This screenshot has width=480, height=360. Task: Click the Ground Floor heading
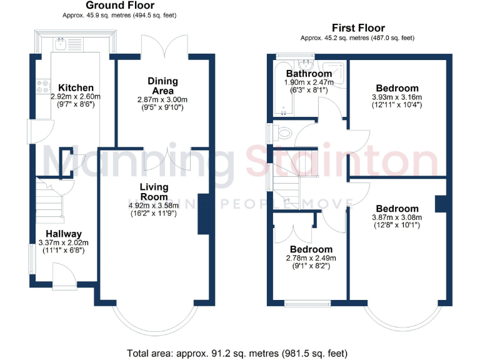[x=119, y=6]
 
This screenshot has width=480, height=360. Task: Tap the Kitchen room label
[x=76, y=87]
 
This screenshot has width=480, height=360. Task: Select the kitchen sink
[x=61, y=44]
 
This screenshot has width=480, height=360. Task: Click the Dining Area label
[x=162, y=86]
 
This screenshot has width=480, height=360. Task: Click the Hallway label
[x=59, y=234]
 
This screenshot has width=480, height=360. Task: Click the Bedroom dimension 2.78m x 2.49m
[x=311, y=257]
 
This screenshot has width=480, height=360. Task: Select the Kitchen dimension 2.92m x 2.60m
[x=76, y=97]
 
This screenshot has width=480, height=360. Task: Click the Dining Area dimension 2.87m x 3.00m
[x=162, y=99]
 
